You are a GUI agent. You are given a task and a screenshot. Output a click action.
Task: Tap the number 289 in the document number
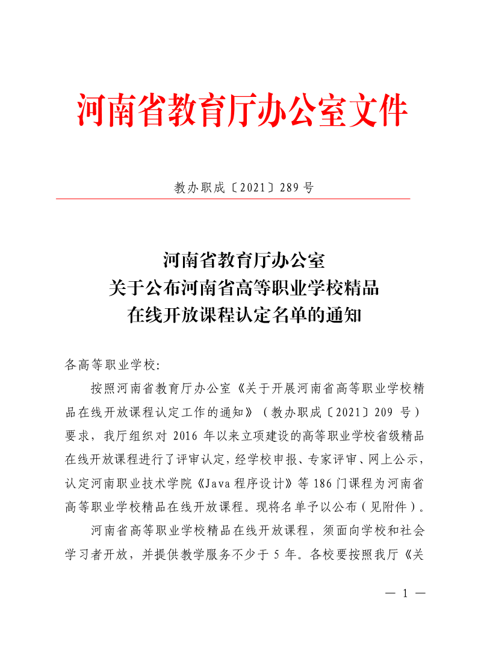(290, 188)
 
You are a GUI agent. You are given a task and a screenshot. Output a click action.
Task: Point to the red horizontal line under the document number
(233, 199)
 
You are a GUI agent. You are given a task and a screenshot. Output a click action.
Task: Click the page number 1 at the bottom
(405, 593)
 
